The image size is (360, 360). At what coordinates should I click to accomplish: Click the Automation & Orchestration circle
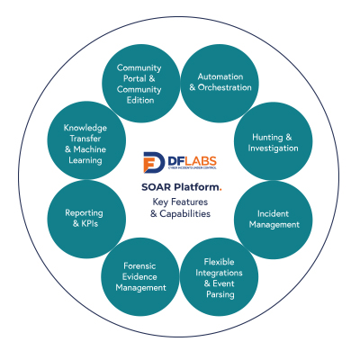click(220, 84)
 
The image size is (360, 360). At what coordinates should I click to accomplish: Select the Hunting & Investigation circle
click(274, 141)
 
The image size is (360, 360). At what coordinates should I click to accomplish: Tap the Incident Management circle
click(274, 220)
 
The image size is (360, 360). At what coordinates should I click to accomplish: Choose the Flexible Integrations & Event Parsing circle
click(220, 277)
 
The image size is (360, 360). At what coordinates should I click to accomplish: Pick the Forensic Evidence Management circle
click(140, 277)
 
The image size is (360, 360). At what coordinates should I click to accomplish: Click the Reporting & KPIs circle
click(86, 219)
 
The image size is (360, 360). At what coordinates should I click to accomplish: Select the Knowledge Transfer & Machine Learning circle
click(86, 140)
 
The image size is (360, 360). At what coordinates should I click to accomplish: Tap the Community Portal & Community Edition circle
click(140, 84)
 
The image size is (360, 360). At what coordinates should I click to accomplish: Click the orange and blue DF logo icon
click(154, 162)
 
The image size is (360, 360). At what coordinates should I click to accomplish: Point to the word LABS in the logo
click(199, 161)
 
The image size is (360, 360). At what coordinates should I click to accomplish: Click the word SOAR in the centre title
click(156, 187)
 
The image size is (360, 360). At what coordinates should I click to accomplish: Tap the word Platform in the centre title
click(197, 187)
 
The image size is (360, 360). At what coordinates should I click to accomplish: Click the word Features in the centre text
click(189, 202)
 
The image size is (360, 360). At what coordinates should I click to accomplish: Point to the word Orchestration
click(225, 87)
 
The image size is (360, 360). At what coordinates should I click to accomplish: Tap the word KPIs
click(89, 223)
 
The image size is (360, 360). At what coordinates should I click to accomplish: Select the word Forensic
click(139, 265)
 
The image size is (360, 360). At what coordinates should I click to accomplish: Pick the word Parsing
click(220, 294)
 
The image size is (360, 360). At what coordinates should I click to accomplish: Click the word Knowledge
click(85, 128)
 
